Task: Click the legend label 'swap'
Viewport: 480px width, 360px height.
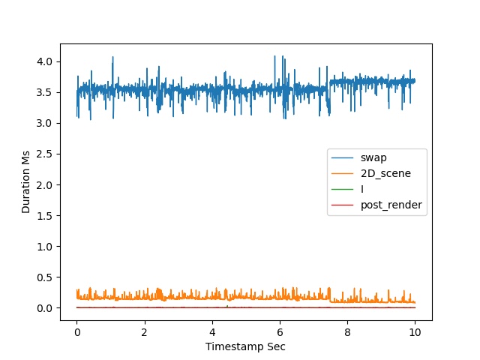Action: tap(373, 157)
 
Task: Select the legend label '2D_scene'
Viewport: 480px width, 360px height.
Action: tap(385, 173)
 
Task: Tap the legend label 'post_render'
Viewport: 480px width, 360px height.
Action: tap(391, 205)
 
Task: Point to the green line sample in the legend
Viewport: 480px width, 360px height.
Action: tap(342, 190)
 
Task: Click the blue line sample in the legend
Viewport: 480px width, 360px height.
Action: tap(342, 158)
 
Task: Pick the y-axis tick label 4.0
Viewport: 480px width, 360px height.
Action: tap(44, 61)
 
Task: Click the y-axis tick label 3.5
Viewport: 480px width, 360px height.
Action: tap(44, 92)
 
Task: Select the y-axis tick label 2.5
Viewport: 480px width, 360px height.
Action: tap(44, 154)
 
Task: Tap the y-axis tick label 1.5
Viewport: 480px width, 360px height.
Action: tap(44, 216)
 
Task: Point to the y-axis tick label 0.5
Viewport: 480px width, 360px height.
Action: tap(44, 277)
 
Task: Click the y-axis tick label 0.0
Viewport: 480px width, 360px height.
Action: tap(44, 308)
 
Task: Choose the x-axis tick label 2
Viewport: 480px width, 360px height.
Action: tap(145, 332)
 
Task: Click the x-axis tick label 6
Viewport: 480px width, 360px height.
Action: tap(280, 332)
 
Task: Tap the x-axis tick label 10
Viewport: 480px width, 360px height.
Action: tap(415, 332)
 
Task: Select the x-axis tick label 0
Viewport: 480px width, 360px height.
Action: tap(76, 332)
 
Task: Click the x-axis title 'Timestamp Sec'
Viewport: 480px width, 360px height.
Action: tap(245, 346)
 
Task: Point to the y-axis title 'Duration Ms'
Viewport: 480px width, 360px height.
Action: tap(25, 181)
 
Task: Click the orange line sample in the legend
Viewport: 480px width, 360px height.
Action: tap(342, 173)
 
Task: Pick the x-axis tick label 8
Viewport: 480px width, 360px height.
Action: tap(347, 332)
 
